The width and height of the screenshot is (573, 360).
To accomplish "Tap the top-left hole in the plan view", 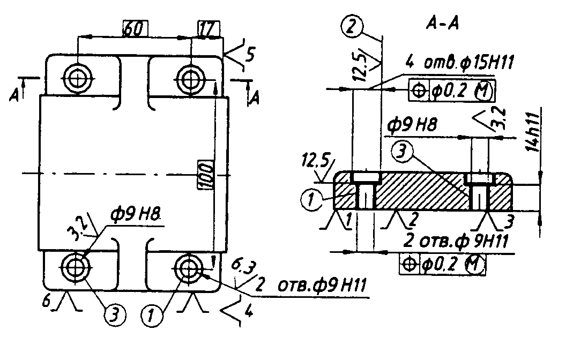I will click(x=78, y=78).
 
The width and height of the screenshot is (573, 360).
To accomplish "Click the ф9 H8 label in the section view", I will click(x=412, y=126).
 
